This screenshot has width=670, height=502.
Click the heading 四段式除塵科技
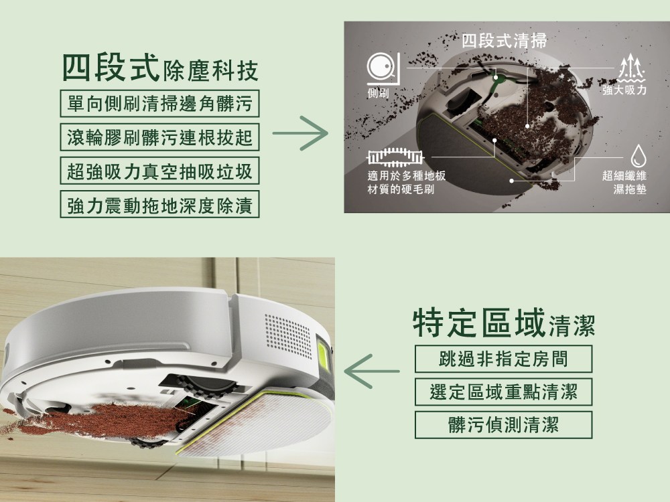[x=160, y=68]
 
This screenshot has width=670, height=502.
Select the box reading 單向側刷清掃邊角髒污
[x=160, y=103]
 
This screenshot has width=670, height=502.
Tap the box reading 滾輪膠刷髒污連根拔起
[x=160, y=137]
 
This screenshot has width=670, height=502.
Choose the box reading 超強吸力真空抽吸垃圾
[x=160, y=171]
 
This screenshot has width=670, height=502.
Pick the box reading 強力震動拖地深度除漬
[x=160, y=204]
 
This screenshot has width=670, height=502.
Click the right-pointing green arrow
[x=300, y=133]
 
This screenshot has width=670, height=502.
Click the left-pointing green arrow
[x=372, y=371]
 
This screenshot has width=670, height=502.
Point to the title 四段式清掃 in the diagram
[x=505, y=41]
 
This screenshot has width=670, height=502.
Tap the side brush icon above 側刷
[x=383, y=68]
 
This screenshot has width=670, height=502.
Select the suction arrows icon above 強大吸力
[x=631, y=68]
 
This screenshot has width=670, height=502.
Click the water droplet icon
[x=639, y=155]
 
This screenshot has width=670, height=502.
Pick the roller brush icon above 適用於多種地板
[x=395, y=157]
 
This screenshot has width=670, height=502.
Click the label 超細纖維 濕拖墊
[x=624, y=182]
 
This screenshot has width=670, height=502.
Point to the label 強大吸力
[x=624, y=90]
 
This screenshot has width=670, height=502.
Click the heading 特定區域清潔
[x=505, y=323]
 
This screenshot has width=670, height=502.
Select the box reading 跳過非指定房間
[x=503, y=359]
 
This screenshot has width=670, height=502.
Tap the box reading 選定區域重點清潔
[x=503, y=392]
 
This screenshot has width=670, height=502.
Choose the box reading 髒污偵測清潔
[x=503, y=425]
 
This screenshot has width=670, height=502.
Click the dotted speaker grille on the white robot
[x=288, y=336]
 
